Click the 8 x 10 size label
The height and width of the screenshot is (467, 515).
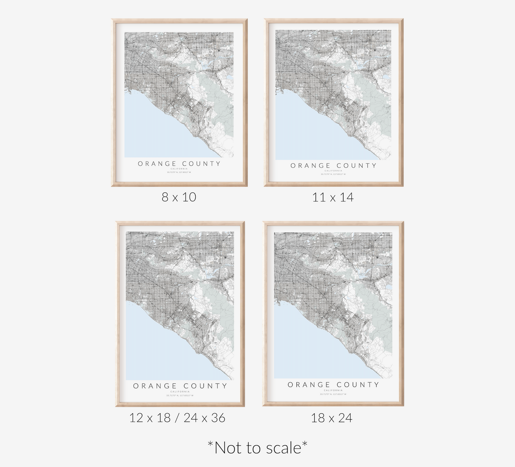(179, 197)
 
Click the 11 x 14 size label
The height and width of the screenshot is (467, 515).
(333, 197)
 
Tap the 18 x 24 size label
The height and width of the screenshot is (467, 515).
(331, 418)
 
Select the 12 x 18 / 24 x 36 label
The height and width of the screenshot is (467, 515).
(177, 418)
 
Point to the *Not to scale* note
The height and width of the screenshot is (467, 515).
(257, 447)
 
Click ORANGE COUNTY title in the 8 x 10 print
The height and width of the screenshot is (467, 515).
(179, 164)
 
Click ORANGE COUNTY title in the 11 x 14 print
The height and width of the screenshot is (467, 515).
(333, 165)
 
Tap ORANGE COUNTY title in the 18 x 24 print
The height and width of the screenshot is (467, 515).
(333, 385)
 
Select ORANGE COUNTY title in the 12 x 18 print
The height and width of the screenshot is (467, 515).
(180, 386)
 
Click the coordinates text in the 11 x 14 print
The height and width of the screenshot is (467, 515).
(333, 174)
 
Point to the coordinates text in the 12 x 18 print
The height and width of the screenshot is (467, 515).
(180, 395)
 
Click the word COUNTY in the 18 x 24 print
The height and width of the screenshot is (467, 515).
(358, 385)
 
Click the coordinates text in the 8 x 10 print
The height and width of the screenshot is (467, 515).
(179, 173)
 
